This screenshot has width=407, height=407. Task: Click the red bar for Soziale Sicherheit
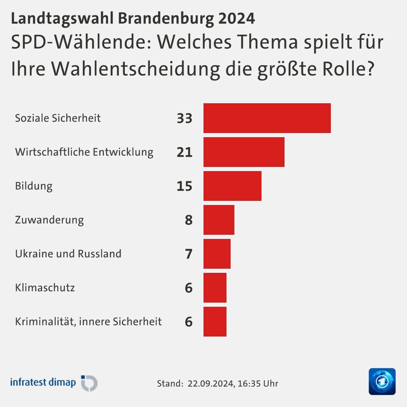267,118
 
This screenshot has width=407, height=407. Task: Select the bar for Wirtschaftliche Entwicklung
244,152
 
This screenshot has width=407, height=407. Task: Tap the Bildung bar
232,186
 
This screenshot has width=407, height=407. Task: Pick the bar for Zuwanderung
219,220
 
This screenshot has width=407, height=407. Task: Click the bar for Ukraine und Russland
217,254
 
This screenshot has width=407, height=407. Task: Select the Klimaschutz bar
215,288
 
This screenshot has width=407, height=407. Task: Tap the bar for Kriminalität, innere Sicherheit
215,321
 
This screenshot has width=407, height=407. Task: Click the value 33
184,118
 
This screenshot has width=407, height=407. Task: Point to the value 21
184,152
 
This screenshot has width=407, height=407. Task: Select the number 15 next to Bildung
184,186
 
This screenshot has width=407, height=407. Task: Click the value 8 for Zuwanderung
188,220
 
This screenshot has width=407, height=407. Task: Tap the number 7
188,254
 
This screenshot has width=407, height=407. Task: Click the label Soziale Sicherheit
58,118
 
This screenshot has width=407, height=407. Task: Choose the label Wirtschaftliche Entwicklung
84,152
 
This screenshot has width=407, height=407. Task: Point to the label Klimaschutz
45,288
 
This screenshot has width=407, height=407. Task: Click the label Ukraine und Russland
68,254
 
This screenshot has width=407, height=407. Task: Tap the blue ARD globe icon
382,381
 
